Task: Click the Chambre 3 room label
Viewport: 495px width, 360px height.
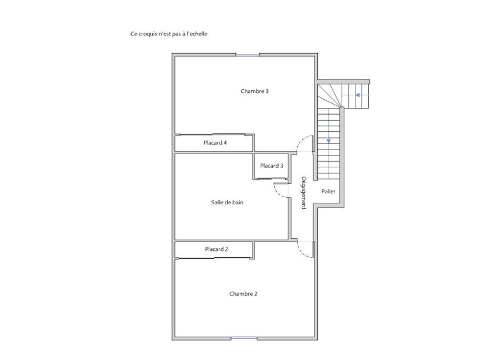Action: (x=255, y=91)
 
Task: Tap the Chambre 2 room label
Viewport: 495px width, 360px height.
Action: (x=243, y=294)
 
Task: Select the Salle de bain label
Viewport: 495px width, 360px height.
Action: (x=227, y=202)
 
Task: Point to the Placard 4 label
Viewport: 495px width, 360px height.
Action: (x=215, y=143)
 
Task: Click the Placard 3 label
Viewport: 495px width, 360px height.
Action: (x=271, y=166)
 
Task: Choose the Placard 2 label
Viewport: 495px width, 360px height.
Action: (x=216, y=249)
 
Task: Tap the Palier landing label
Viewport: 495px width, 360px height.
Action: (x=328, y=192)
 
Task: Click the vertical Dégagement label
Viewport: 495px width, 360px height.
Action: (x=303, y=193)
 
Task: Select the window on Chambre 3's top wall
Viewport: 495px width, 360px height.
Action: (x=248, y=55)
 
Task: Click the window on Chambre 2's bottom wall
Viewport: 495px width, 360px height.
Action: (x=244, y=338)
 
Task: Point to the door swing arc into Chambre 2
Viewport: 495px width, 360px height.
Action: (x=301, y=251)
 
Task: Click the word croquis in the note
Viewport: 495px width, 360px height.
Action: (x=147, y=34)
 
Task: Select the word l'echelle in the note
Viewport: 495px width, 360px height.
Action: (x=197, y=34)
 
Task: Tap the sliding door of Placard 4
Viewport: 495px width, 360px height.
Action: (x=213, y=135)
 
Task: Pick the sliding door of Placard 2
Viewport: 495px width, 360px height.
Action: (x=214, y=258)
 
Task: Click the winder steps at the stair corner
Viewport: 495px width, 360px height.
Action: (x=329, y=95)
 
